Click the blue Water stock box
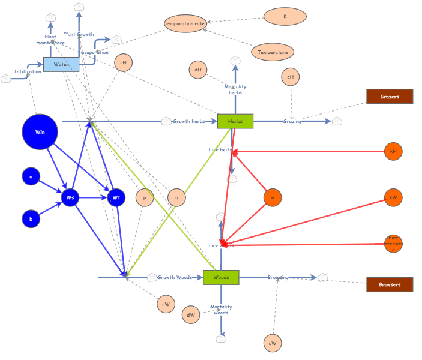(x=61, y=64)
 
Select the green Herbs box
(x=235, y=121)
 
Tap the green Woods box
(x=221, y=277)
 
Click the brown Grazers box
(x=390, y=96)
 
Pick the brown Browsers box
(x=390, y=284)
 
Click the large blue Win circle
(x=40, y=132)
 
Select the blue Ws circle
(x=70, y=197)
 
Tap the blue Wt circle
(x=116, y=197)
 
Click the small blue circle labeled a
(x=31, y=176)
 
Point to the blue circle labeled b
(x=31, y=219)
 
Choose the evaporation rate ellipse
(x=185, y=23)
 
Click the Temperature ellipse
(x=273, y=52)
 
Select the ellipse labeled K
(x=285, y=16)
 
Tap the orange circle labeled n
(x=273, y=197)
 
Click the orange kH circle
(x=393, y=151)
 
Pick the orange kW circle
(x=393, y=197)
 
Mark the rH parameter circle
(x=123, y=62)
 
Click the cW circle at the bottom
(x=273, y=343)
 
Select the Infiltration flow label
(x=28, y=71)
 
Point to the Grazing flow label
(x=292, y=121)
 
